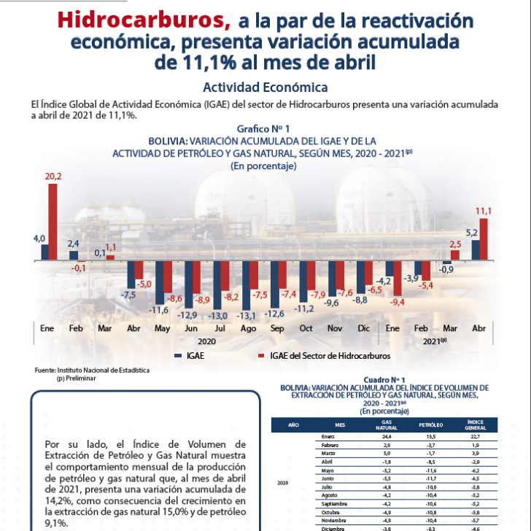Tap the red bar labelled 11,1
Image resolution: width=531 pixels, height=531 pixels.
tap(483, 239)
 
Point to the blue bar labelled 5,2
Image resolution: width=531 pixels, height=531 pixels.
tap(475, 250)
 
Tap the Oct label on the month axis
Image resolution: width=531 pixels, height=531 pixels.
tap(306, 328)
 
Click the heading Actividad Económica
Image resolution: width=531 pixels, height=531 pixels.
tap(265, 88)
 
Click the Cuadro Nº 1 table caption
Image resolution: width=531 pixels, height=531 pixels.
tap(384, 380)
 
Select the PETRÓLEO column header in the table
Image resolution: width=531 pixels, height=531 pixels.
tap(430, 424)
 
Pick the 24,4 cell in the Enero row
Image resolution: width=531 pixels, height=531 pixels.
tap(387, 437)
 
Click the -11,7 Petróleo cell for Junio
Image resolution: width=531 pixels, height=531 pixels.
tap(430, 478)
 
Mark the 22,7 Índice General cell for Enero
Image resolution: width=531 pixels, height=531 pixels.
tap(472, 437)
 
